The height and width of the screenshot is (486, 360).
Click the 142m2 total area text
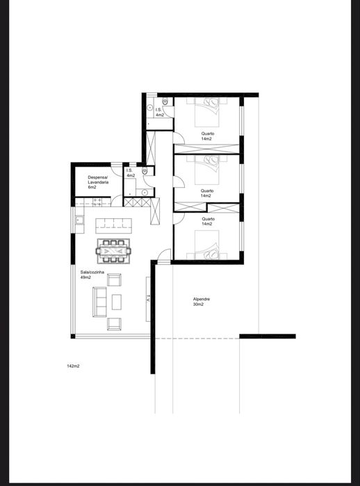click(73, 366)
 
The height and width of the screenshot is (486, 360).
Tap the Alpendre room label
click(202, 299)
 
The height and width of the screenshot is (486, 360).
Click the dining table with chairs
click(114, 251)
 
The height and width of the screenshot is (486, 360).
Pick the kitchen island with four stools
click(114, 226)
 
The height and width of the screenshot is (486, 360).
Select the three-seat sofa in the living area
click(99, 302)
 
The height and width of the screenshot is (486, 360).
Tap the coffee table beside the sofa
click(117, 302)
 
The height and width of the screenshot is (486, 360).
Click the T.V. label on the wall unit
click(148, 300)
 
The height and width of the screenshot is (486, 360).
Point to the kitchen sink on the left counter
click(79, 220)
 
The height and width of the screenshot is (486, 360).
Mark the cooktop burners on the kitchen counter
click(97, 202)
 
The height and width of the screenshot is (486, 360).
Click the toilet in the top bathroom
click(165, 102)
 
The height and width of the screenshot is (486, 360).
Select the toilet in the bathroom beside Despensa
click(145, 171)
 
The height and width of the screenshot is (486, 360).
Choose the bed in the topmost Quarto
click(207, 112)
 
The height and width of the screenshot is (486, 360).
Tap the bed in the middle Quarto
click(207, 170)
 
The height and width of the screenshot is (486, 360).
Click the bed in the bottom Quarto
click(207, 245)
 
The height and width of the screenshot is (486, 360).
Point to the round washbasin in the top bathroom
click(150, 108)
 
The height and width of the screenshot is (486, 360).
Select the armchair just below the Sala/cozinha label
click(114, 280)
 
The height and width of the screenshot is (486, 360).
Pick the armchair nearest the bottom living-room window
click(114, 324)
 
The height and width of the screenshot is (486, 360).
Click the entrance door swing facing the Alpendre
click(163, 256)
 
